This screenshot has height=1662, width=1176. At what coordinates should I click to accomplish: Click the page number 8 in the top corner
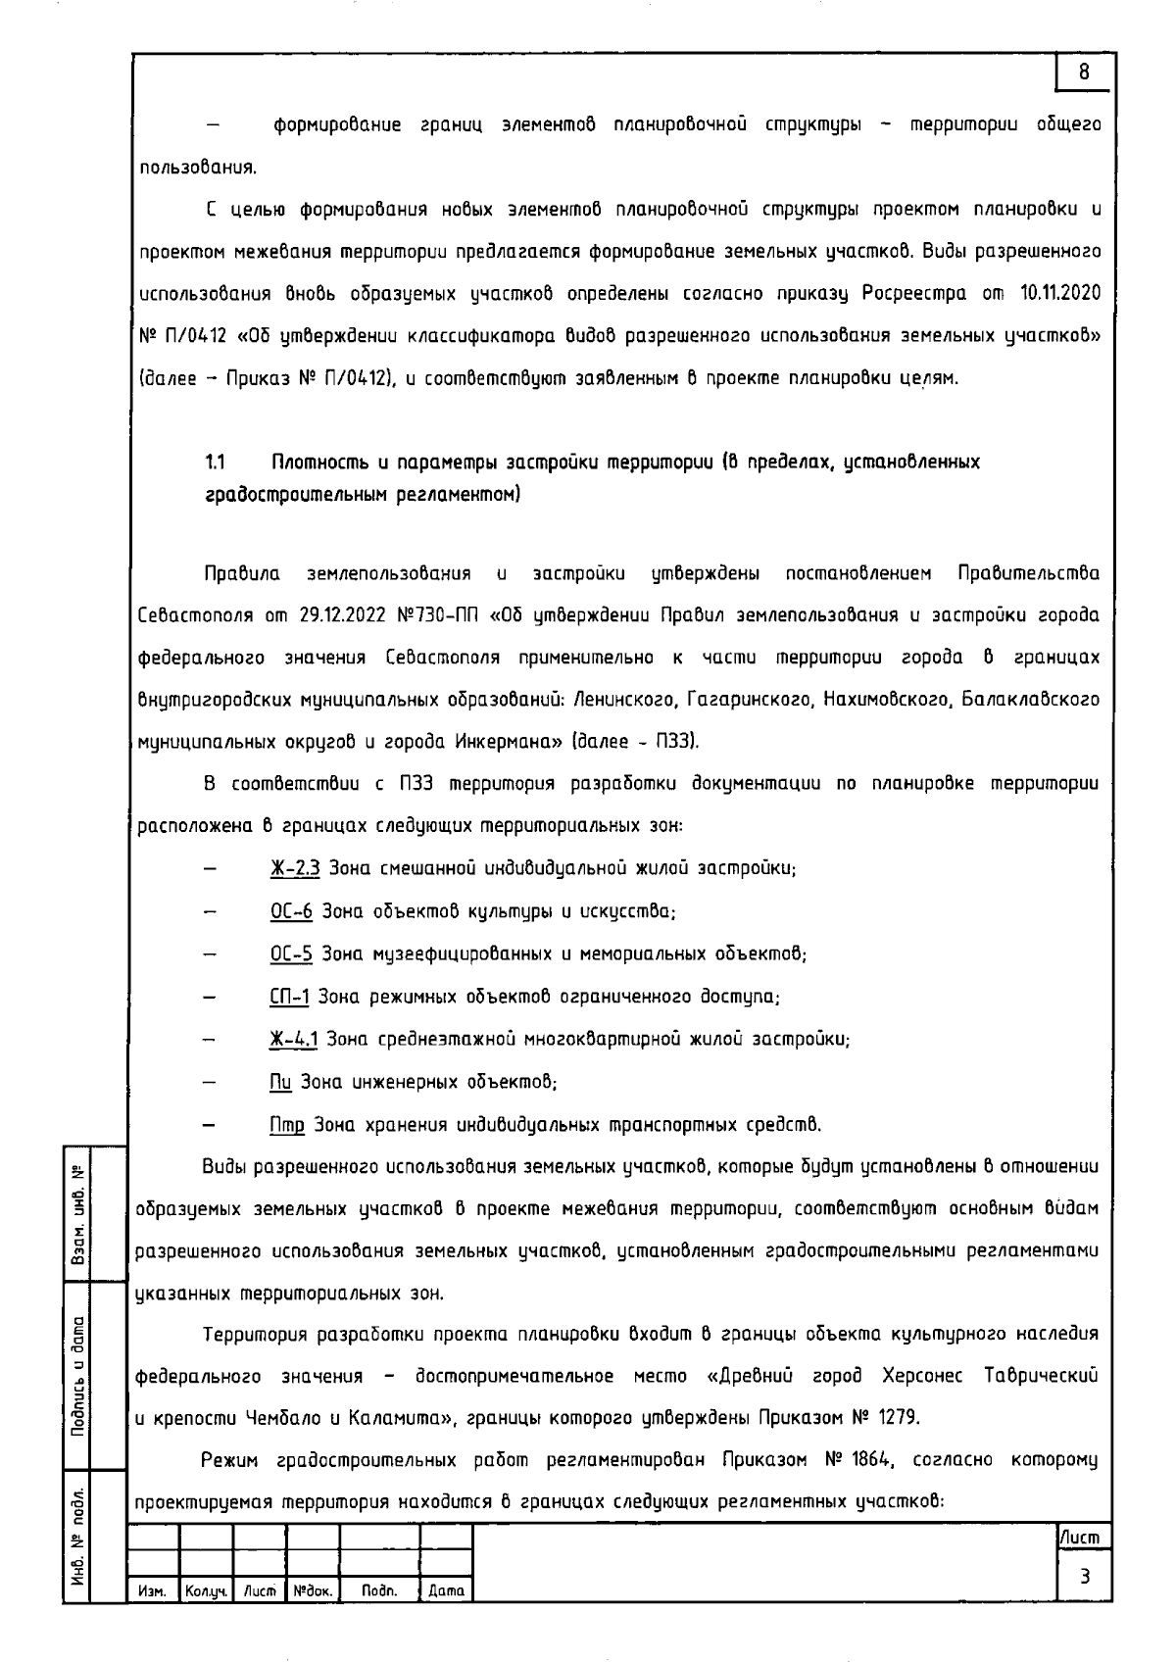(1084, 72)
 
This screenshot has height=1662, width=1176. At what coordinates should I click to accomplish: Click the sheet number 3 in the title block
(1084, 1577)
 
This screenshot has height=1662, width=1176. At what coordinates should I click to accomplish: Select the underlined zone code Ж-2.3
(295, 868)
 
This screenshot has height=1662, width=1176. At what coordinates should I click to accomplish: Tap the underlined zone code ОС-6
(291, 910)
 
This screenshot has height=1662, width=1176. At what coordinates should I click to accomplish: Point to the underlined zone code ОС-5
(291, 953)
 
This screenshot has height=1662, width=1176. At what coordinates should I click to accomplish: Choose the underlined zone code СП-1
(289, 997)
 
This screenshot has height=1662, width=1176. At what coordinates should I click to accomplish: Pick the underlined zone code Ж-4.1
(293, 1039)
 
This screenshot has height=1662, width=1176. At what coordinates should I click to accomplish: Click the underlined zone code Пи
(280, 1082)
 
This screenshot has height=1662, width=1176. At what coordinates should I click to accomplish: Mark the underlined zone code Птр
(287, 1125)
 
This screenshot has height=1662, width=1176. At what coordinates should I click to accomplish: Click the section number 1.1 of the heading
(216, 462)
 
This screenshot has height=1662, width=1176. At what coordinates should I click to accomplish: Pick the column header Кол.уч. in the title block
(206, 1592)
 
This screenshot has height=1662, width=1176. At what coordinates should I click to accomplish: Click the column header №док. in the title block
(312, 1592)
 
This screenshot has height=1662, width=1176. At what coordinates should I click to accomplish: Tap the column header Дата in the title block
(446, 1592)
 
